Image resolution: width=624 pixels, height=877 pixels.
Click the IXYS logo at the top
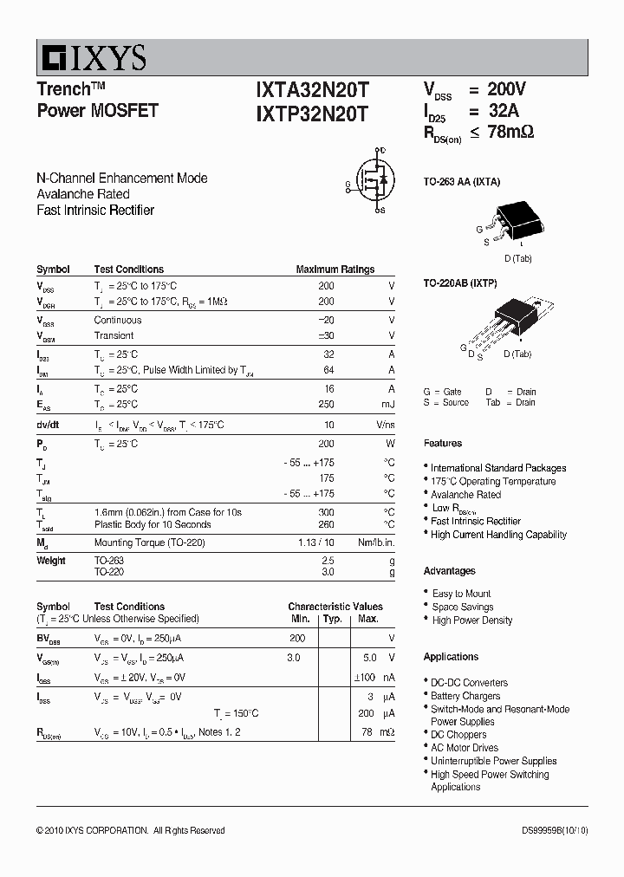92,58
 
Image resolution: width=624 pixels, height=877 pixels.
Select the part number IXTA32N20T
312,89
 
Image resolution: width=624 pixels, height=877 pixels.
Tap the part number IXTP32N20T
312,113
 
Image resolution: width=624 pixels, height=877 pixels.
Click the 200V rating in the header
506,89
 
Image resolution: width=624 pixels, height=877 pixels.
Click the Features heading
442,443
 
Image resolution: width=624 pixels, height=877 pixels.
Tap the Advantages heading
449,571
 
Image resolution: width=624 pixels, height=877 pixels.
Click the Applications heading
451,657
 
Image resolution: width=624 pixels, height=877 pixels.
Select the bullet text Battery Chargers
465,696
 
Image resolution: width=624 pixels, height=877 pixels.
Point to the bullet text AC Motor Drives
465,748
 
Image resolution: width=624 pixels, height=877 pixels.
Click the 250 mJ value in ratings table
326,404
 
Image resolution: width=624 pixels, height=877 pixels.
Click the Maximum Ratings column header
335,270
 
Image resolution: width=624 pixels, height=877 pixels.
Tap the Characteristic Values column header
335,607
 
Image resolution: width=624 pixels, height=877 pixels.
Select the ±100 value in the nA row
367,677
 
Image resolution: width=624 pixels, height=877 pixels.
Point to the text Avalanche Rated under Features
465,495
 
